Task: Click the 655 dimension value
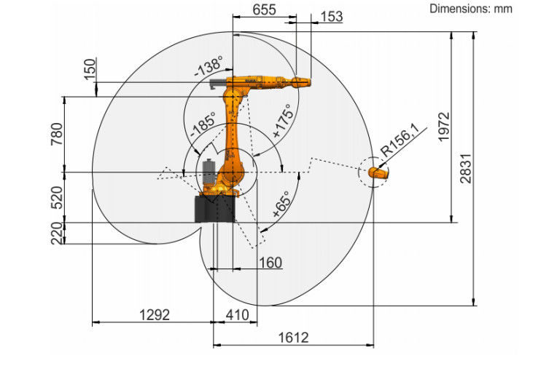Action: coord(264,9)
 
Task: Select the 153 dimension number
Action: coord(332,16)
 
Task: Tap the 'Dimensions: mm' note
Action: coord(471,9)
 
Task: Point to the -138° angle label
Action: coord(209,66)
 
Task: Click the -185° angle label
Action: coord(203,125)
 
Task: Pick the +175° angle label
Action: coord(284,122)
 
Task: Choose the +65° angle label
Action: coord(281,204)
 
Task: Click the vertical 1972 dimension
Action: coord(444,127)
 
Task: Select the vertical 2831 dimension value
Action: coord(466,168)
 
